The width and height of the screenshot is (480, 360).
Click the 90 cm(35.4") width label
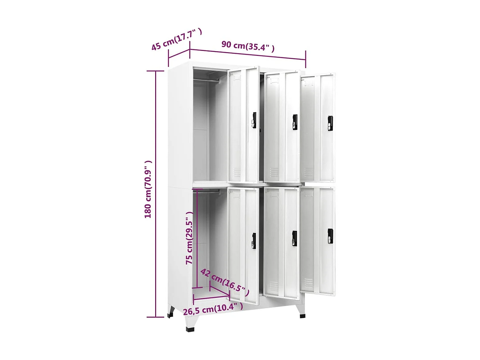[x=248, y=46]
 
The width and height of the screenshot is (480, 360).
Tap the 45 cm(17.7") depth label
[x=176, y=39]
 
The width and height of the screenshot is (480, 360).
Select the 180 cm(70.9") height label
[x=148, y=189]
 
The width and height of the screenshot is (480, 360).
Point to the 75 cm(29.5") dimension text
[x=189, y=238]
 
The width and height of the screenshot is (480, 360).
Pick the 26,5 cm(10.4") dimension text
[x=213, y=309]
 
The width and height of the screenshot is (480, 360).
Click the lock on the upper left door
[x=254, y=120]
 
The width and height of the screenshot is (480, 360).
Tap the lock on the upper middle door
[x=295, y=122]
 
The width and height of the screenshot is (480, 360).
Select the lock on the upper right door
[x=330, y=123]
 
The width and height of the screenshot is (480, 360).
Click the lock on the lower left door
[x=254, y=241]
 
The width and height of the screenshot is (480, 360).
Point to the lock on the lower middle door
[x=294, y=238]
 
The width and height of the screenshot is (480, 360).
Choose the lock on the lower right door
[x=330, y=236]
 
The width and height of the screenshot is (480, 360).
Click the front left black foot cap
[x=190, y=329]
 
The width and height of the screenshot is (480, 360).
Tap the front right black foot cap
[x=302, y=316]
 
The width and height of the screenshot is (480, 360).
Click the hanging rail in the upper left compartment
[x=206, y=80]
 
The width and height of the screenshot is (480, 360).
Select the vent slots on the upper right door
[x=309, y=172]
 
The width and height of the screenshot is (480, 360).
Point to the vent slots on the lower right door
[x=308, y=283]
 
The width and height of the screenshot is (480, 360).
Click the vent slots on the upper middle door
[x=274, y=172]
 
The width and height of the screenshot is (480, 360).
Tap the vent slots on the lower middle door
[x=274, y=285]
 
